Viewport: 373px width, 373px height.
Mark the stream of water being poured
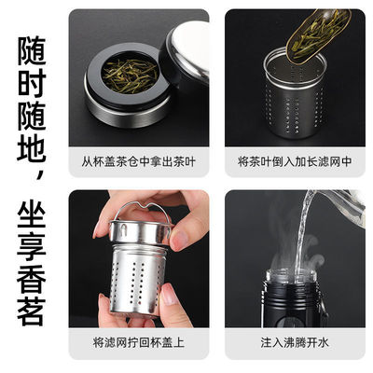click(300, 252)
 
